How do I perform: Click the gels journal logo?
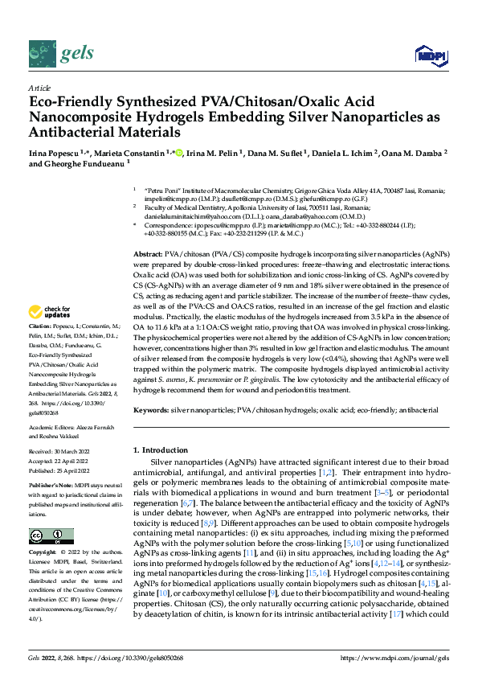tap(61, 53)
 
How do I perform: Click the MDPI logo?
tap(430, 55)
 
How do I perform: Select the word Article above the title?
tap(39, 88)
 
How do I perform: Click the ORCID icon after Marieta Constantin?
tap(178, 152)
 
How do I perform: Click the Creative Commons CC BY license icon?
tap(51, 536)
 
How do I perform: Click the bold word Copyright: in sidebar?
tap(43, 554)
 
